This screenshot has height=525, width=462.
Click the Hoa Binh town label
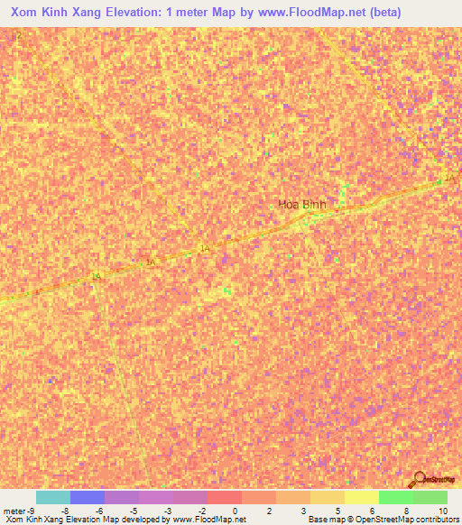302,205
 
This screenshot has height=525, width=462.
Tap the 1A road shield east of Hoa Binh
449,179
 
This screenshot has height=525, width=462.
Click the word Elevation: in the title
155,13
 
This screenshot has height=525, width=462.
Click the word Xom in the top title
28,13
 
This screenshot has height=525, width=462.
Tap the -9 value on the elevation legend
32,510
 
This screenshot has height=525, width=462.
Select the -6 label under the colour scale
99,510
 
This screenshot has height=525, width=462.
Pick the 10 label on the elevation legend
443,510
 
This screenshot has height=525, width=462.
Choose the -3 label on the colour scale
169,510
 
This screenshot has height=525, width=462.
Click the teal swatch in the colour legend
52,497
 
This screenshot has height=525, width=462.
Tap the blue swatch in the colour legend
87,497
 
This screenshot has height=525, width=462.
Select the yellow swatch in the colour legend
361,497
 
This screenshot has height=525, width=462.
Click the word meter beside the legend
14,510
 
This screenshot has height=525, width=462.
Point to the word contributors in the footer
435,520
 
